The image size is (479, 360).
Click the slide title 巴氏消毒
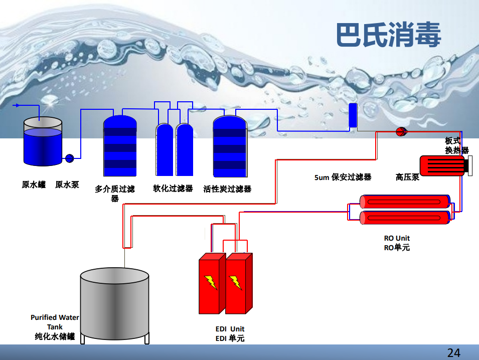(388, 36)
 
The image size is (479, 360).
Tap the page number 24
(453, 352)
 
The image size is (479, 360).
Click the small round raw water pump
(70, 158)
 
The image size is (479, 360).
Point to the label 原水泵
(67, 185)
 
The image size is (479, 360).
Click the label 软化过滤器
(173, 189)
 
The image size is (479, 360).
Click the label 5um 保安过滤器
(343, 177)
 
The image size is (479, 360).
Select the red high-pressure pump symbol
(401, 132)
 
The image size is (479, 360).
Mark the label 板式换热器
(456, 145)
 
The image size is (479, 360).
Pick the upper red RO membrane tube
(405, 202)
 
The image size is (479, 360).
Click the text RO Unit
(397, 238)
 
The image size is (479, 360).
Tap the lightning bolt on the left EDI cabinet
(210, 282)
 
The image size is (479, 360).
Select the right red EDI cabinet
(238, 283)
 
